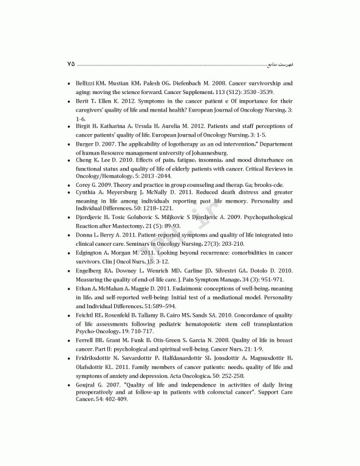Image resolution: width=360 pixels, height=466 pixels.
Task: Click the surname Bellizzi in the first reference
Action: point(87,83)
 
